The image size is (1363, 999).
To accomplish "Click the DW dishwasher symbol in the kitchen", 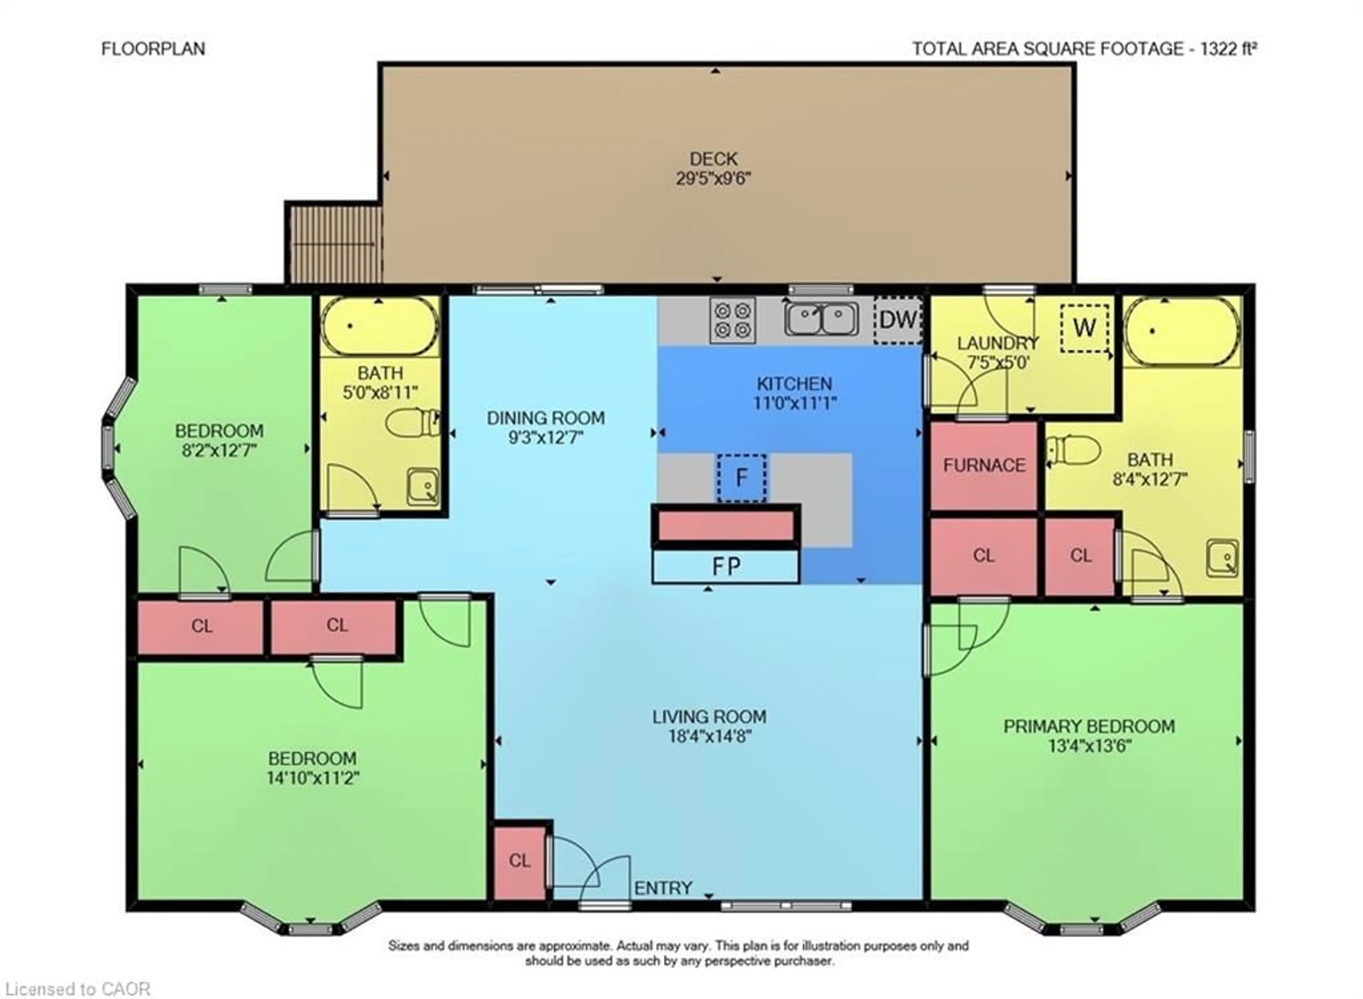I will [898, 319].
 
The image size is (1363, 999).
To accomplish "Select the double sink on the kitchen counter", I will [821, 319].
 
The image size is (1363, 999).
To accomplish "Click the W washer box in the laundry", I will [1084, 328].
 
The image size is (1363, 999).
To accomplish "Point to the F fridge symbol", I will [742, 478].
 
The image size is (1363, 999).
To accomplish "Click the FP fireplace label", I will [726, 567].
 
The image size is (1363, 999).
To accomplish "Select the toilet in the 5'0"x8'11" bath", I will [412, 423].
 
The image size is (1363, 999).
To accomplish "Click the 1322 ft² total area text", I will [1228, 48].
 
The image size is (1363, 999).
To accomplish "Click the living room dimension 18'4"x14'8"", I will [709, 736].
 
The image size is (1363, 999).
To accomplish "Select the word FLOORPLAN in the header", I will [153, 48].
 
